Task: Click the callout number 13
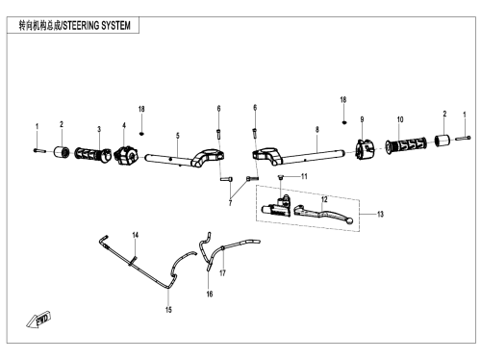coord(380,214)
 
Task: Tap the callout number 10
coord(400,119)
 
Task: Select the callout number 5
coord(178,136)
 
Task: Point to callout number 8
coord(317,129)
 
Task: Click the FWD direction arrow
coord(38,320)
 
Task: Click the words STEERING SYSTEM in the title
coord(96,25)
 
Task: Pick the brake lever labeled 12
coord(323,215)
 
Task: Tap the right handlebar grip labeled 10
coord(406,145)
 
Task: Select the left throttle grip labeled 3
coord(92,155)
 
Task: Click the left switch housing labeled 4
coord(126,156)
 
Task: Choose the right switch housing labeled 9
coord(366,149)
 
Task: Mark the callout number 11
coord(304,176)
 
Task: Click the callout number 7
coord(230,203)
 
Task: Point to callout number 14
coord(136,235)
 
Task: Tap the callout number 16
coord(210,294)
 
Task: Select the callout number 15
coord(168,310)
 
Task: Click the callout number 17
coord(222,273)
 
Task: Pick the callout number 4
coord(124,125)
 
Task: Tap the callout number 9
coord(362,119)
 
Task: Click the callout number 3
coord(99,129)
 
